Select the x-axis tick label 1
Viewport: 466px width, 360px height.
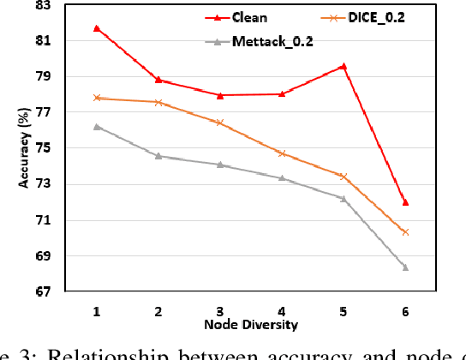97,309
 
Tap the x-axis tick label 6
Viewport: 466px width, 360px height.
405,309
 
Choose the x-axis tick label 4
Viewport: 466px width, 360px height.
282,309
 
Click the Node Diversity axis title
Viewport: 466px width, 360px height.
250,326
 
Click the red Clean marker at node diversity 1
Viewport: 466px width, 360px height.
97,28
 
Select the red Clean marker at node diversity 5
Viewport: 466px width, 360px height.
344,66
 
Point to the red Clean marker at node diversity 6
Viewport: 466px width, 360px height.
405,202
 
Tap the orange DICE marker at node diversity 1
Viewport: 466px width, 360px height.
97,98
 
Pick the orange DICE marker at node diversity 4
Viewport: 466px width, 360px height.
282,153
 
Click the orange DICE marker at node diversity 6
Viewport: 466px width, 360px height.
405,232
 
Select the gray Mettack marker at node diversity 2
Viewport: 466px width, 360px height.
158,156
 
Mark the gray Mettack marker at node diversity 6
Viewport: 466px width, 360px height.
405,267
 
